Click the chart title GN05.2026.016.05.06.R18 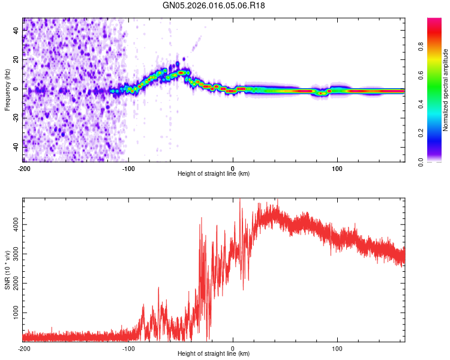(x=214, y=5)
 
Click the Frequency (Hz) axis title (x=7, y=90)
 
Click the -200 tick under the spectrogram (x=24, y=169)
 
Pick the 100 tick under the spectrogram (x=337, y=169)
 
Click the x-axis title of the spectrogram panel (x=214, y=174)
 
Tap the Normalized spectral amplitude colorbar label (x=446, y=90)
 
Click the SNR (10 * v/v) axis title (x=7, y=270)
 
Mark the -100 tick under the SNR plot (x=128, y=349)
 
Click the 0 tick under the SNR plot (x=233, y=349)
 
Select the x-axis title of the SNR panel (x=214, y=354)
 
